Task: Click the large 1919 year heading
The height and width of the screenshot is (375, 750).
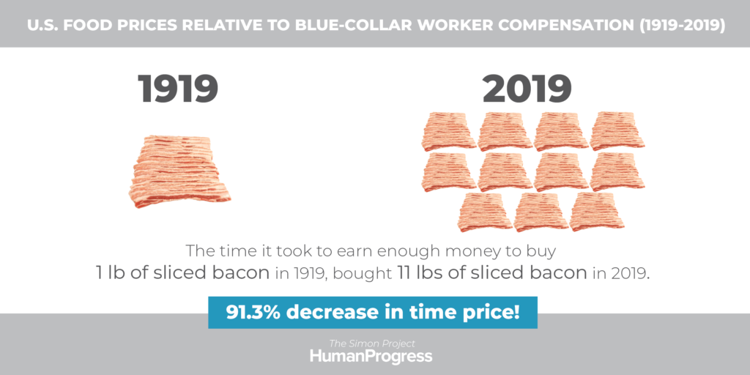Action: [x=178, y=89]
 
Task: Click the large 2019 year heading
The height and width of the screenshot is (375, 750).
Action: [x=527, y=89]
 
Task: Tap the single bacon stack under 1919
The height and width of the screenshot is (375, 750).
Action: [x=179, y=172]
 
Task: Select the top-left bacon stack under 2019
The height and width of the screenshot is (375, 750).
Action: [x=449, y=132]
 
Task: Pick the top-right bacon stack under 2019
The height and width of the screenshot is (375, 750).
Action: [x=617, y=132]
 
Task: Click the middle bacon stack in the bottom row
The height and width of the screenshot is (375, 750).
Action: [x=541, y=212]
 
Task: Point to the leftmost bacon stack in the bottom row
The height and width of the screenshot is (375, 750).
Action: [x=485, y=212]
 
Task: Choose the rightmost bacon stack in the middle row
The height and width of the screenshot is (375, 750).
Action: [x=617, y=172]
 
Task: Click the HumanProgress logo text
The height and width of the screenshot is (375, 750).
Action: [x=371, y=357]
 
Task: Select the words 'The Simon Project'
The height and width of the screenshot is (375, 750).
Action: [x=371, y=344]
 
